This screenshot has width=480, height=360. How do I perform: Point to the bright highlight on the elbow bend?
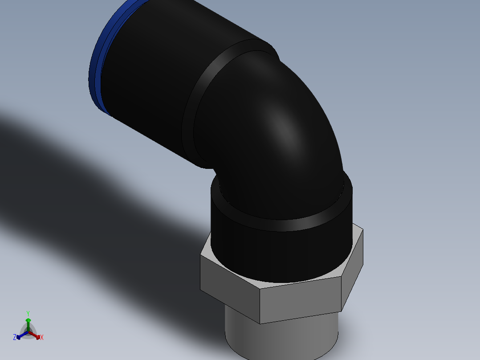(x=285, y=127)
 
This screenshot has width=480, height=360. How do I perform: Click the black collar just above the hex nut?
(x=276, y=254)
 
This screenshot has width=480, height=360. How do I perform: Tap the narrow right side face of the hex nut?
(x=353, y=272)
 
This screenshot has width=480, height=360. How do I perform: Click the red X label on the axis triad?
(x=42, y=338)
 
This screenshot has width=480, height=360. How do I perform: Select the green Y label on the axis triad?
(x=28, y=313)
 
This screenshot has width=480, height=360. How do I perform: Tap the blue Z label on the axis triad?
(x=15, y=337)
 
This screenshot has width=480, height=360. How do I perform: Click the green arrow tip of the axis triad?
(x=28, y=320)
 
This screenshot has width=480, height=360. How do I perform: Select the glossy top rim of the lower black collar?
(x=285, y=225)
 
